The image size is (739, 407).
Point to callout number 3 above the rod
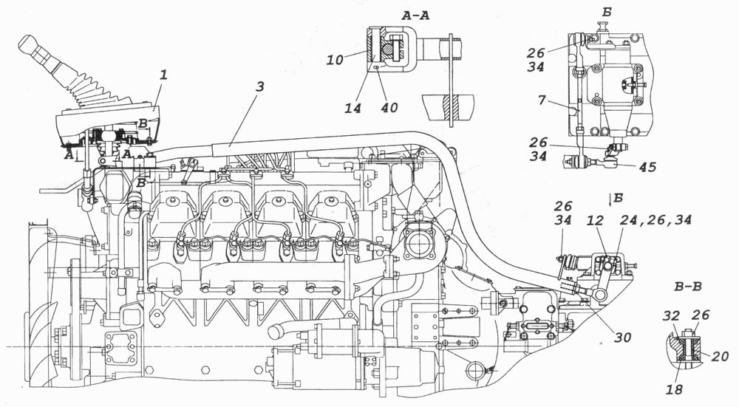(x=261, y=86)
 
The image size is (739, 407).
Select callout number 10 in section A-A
(x=334, y=60)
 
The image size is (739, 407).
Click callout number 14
(x=352, y=108)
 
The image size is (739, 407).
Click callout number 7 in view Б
(x=541, y=100)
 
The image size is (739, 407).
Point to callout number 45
(x=647, y=167)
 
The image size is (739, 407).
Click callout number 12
(x=595, y=219)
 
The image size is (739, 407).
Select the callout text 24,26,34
(x=655, y=219)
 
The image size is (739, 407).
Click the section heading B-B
(x=687, y=287)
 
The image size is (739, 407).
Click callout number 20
(x=720, y=357)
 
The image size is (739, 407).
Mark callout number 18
(x=675, y=389)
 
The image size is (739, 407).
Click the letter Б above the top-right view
(x=607, y=13)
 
